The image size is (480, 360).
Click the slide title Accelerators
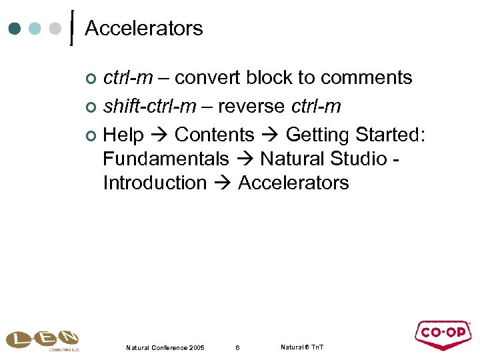(144, 29)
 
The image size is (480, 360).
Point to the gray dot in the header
(57, 29)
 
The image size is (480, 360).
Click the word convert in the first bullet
(209, 78)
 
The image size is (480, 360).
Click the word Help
(123, 135)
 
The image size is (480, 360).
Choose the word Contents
(214, 135)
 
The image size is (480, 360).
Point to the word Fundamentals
(166, 159)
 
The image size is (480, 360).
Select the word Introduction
(155, 183)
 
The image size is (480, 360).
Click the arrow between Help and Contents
(159, 136)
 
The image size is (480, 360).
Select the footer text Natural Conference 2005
(165, 348)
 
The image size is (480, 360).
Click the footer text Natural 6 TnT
(302, 347)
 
